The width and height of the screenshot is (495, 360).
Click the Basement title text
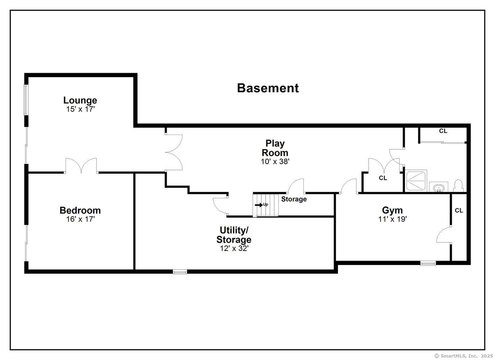click(268, 88)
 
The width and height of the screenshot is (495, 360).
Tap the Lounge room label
click(80, 100)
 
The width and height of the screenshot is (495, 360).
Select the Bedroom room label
click(80, 210)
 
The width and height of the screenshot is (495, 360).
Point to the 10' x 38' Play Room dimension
click(275, 162)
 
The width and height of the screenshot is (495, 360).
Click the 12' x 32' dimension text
click(234, 248)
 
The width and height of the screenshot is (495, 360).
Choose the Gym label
click(392, 210)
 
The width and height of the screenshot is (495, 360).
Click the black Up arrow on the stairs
click(259, 205)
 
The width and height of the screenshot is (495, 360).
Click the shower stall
click(416, 181)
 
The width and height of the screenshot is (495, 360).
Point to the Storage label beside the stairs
click(294, 199)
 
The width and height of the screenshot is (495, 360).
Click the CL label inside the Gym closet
click(459, 211)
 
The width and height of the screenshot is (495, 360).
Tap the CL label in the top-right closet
click(443, 131)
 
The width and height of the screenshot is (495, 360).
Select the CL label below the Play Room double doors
click(383, 178)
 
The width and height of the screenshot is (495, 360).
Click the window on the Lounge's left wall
click(26, 100)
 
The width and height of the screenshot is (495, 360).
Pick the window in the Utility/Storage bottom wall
click(180, 272)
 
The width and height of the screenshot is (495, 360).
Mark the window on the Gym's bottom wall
click(428, 263)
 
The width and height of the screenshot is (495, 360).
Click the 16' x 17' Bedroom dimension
click(80, 219)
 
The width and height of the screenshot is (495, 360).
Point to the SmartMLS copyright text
click(463, 356)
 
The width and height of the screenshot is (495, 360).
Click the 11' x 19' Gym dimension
click(392, 219)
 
